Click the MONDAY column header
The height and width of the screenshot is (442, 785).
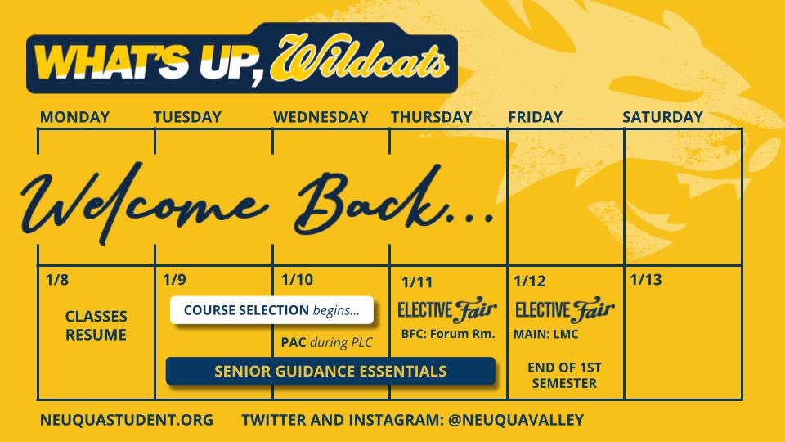click(x=74, y=117)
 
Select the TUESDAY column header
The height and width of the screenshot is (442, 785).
click(x=187, y=117)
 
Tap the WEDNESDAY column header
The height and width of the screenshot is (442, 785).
click(x=321, y=117)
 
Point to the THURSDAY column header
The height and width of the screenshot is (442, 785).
click(x=431, y=117)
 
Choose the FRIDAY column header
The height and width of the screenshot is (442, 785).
click(x=535, y=117)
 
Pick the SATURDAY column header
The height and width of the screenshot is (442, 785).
click(x=662, y=117)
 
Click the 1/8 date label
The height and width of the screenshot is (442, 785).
click(x=57, y=280)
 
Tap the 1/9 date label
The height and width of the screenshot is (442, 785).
click(x=174, y=280)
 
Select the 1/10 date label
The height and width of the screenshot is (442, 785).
click(x=296, y=280)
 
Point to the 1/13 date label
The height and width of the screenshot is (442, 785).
click(x=645, y=280)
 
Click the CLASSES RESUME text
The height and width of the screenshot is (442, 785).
click(x=96, y=325)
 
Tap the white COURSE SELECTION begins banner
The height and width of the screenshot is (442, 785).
click(x=271, y=310)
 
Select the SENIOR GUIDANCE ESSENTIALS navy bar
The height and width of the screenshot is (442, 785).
click(x=330, y=371)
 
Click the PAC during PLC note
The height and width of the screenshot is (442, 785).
click(x=325, y=342)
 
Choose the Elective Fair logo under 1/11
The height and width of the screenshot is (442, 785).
click(x=446, y=310)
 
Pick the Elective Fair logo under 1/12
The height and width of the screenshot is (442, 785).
click(x=564, y=310)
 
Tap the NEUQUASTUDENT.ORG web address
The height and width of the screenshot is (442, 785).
click(x=126, y=420)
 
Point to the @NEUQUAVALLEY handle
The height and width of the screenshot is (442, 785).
click(x=516, y=420)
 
